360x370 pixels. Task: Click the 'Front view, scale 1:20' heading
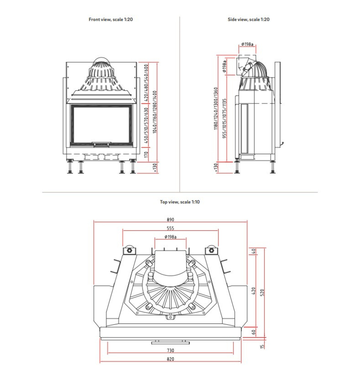pos(111,19)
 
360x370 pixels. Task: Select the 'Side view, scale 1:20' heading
pos(248,19)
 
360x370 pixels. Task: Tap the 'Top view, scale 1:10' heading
pos(180,202)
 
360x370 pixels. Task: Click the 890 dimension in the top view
pos(170,219)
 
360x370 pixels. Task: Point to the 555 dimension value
pos(170,228)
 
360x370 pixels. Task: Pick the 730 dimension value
pos(170,351)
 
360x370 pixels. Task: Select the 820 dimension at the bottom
pos(170,359)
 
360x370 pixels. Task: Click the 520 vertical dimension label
pos(262,293)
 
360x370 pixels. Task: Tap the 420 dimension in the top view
pos(254,291)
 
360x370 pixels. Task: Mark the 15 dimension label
pos(262,346)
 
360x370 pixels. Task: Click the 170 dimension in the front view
pos(146,154)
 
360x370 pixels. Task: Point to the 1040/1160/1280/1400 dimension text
pos(155,112)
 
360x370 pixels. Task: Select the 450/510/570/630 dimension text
pos(146,125)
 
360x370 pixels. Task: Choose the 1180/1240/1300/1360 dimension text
pos(216,108)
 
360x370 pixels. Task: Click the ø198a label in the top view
pos(170,237)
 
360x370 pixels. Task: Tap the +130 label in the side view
pos(216,167)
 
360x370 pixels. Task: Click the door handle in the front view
pos(101,144)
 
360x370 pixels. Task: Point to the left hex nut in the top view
pos(129,250)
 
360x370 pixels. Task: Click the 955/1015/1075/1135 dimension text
pos(224,118)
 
